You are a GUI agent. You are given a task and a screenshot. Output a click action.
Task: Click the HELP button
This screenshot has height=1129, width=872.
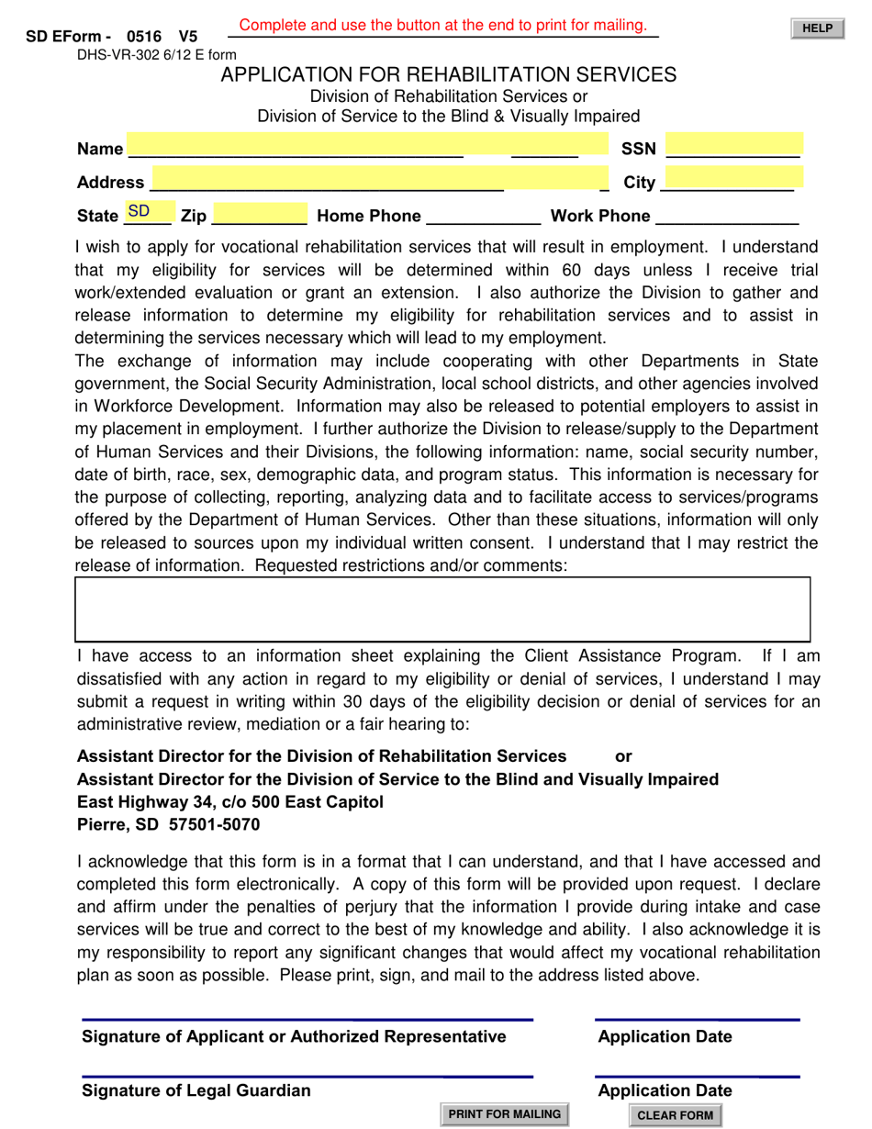coord(817,29)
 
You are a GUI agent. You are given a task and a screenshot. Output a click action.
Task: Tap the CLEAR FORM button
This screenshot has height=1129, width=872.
coord(675,1115)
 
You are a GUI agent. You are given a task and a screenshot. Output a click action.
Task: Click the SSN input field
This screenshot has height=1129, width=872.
coord(733,147)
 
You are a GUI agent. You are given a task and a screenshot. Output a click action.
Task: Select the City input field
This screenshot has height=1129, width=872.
coord(733,180)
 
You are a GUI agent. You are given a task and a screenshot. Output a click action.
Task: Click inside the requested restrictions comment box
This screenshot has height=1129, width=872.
coord(442,609)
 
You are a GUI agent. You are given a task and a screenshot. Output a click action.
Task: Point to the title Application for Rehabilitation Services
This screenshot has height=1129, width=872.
coord(448,74)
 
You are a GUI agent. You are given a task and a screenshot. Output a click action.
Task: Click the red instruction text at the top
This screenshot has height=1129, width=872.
coord(443,26)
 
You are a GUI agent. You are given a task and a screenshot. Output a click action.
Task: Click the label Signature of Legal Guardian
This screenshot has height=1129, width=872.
coord(196,1090)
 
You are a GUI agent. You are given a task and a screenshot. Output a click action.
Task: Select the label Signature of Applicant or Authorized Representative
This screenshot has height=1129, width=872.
coord(294,1036)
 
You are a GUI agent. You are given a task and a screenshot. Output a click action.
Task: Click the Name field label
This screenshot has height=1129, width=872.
coord(99,149)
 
